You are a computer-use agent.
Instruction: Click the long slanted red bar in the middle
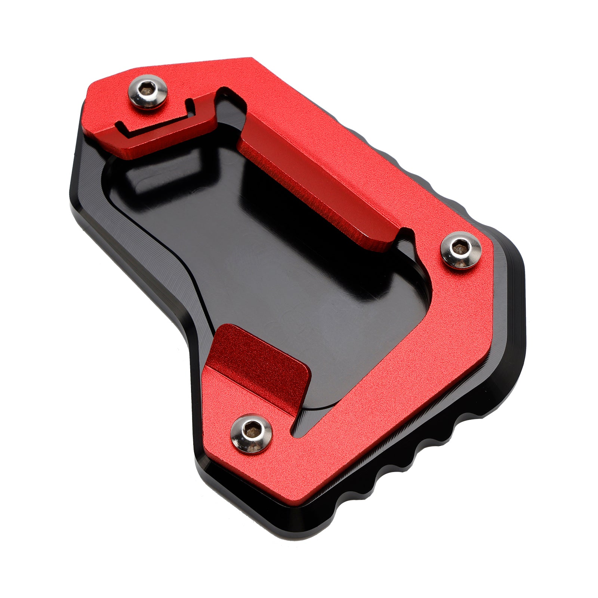click(318, 187)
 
